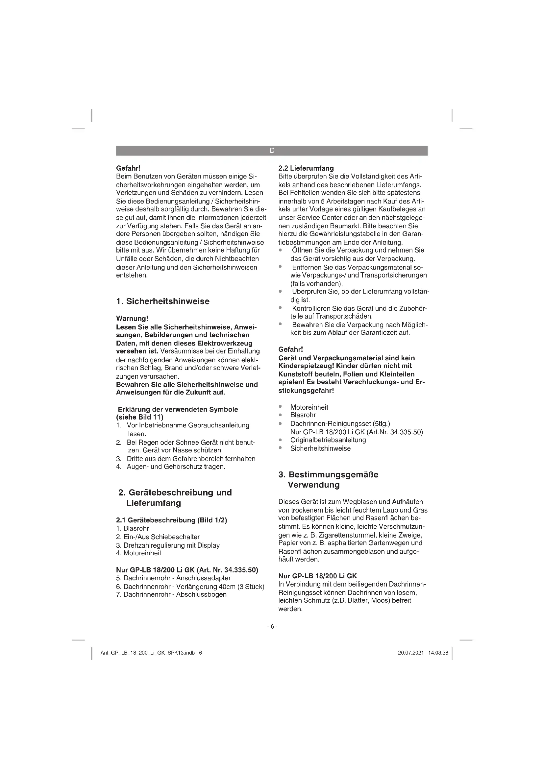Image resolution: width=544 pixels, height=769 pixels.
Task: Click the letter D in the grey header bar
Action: pos(272,151)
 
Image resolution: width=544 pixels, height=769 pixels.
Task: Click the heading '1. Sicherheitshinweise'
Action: pos(162,301)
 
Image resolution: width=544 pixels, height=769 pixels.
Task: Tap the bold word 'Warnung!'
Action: pos(132,318)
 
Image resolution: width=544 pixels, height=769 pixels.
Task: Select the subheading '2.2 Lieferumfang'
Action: pos(306,168)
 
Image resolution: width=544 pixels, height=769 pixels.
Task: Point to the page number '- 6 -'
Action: pos(272,627)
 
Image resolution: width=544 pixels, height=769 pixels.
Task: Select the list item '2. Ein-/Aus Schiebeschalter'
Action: pos(158,537)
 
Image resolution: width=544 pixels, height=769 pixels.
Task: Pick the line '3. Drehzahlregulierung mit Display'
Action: pos(168,545)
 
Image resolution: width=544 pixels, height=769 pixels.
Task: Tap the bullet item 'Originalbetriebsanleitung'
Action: pos(328,440)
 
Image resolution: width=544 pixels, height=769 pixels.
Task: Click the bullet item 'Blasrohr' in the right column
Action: pos(303,415)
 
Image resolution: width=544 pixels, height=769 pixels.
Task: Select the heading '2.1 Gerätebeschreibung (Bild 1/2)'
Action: pos(171,520)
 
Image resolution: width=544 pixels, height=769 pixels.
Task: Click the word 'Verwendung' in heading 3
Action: pos(313,485)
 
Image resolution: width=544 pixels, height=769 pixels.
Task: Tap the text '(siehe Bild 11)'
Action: pos(140,417)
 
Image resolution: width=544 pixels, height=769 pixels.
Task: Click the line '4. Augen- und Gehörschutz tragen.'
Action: pos(170,467)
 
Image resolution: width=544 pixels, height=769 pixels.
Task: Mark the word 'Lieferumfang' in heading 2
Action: pos(153,503)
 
